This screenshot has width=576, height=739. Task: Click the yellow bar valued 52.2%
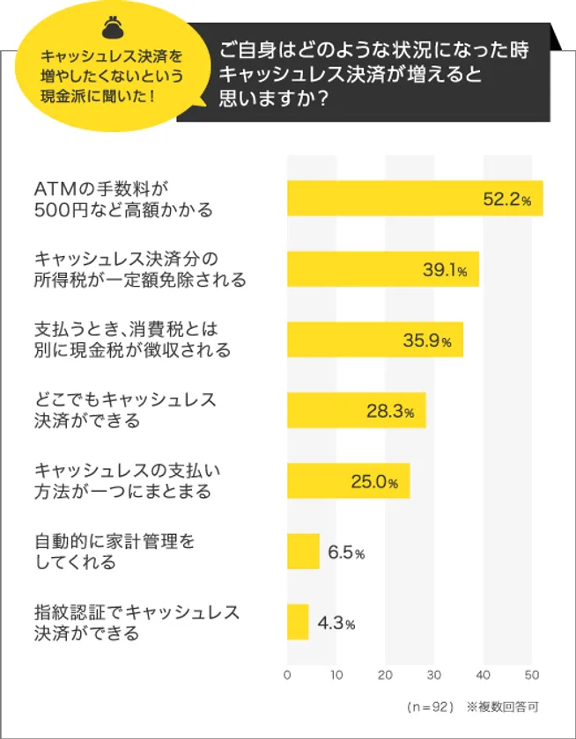pos(414,198)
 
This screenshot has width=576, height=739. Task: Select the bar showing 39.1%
pos(382,269)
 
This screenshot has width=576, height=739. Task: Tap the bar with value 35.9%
pos(374,340)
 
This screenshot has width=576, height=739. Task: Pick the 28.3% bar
pos(356,410)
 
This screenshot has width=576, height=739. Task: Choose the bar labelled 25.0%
pos(348,480)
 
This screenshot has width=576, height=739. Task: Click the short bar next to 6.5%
pos(303,552)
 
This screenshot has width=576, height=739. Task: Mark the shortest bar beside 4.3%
pos(298,622)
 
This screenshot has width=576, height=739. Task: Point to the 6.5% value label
pos(346,552)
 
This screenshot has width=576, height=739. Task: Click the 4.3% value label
pos(336,624)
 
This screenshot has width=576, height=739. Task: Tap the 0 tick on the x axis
pos(287,675)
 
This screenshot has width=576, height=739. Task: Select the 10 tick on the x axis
pos(336,675)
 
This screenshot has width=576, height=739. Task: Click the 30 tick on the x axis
pos(433,675)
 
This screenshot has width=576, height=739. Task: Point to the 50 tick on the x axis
pos(531,675)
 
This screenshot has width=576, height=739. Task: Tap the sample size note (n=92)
pos(430,706)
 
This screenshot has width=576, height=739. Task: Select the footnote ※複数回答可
pos(502,706)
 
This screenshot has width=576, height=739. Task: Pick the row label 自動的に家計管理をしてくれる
pos(114,552)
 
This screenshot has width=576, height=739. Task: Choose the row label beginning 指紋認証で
pos(137,622)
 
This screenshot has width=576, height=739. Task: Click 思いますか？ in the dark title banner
pos(276,99)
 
